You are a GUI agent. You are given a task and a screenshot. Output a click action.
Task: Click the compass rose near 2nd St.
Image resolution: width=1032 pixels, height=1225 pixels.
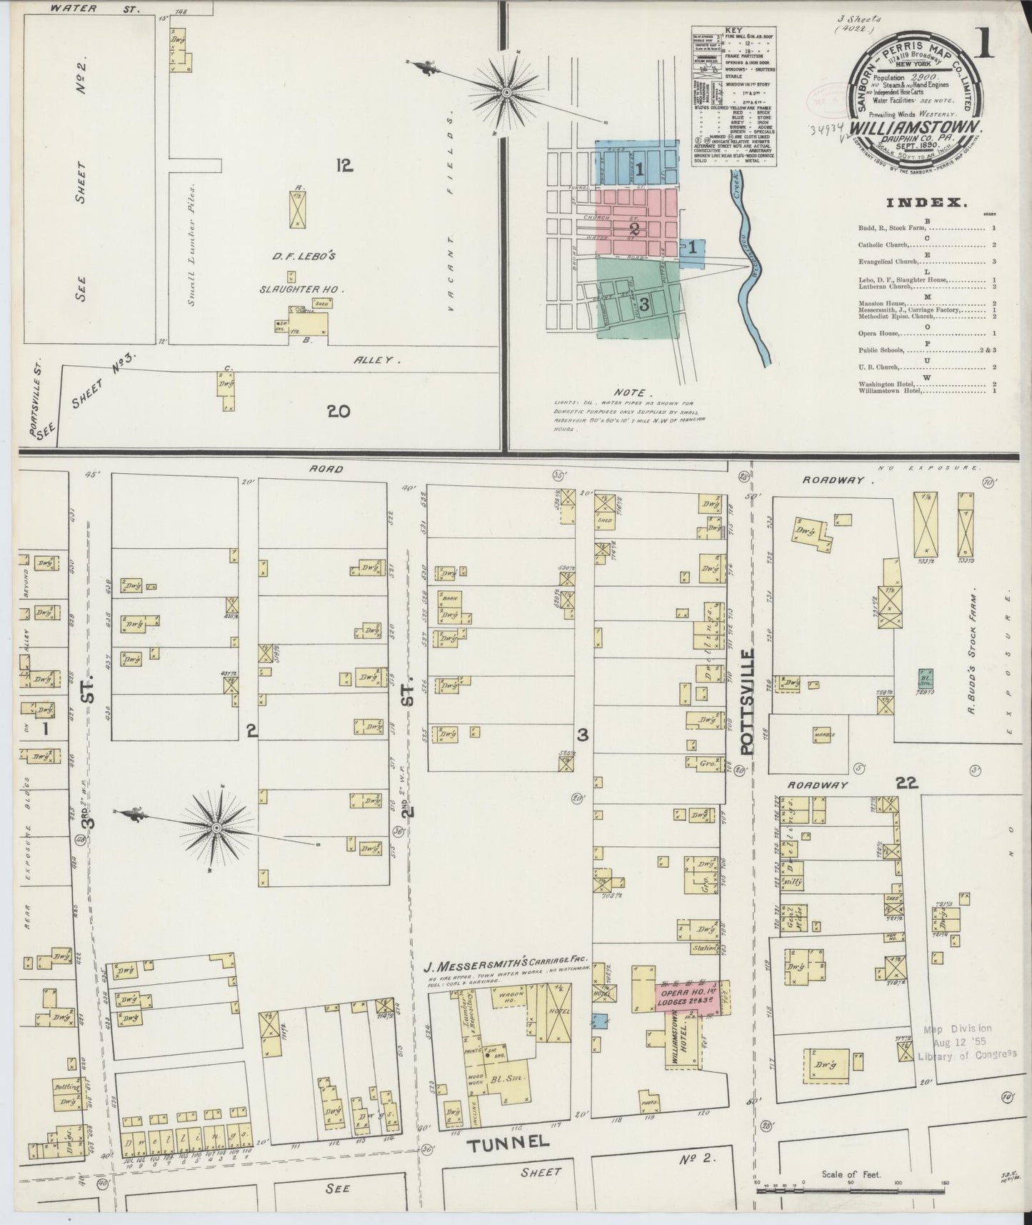point(216,827)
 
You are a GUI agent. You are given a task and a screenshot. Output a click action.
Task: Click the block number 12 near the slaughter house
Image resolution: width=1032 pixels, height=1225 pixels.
point(345,166)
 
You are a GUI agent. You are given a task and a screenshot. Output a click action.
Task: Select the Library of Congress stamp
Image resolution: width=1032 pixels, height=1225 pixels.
point(967,1043)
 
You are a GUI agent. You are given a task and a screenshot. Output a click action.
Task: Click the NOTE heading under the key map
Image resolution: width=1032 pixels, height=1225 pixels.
point(632,392)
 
